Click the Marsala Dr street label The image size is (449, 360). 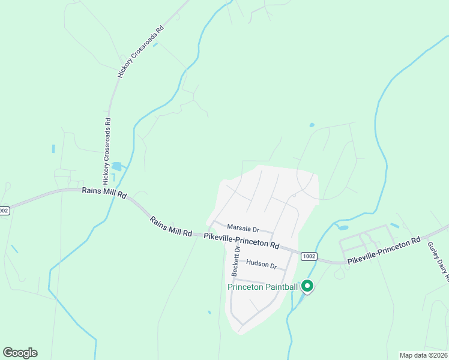243,229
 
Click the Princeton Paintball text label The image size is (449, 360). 263,287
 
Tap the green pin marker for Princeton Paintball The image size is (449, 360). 307,287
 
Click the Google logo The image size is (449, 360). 20,353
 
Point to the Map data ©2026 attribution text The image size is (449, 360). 423,355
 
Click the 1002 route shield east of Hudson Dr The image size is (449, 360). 309,256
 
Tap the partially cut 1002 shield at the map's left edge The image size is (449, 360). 4,211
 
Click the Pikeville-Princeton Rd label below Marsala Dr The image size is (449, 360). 241,241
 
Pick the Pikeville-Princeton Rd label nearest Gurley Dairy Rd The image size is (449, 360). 384,250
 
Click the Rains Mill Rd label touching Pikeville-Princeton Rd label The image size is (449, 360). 170,226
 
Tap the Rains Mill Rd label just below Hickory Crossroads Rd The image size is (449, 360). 104,193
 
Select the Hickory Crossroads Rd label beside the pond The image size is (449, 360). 107,150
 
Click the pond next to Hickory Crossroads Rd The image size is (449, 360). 116,166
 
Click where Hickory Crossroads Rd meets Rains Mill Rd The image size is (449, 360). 101,190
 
